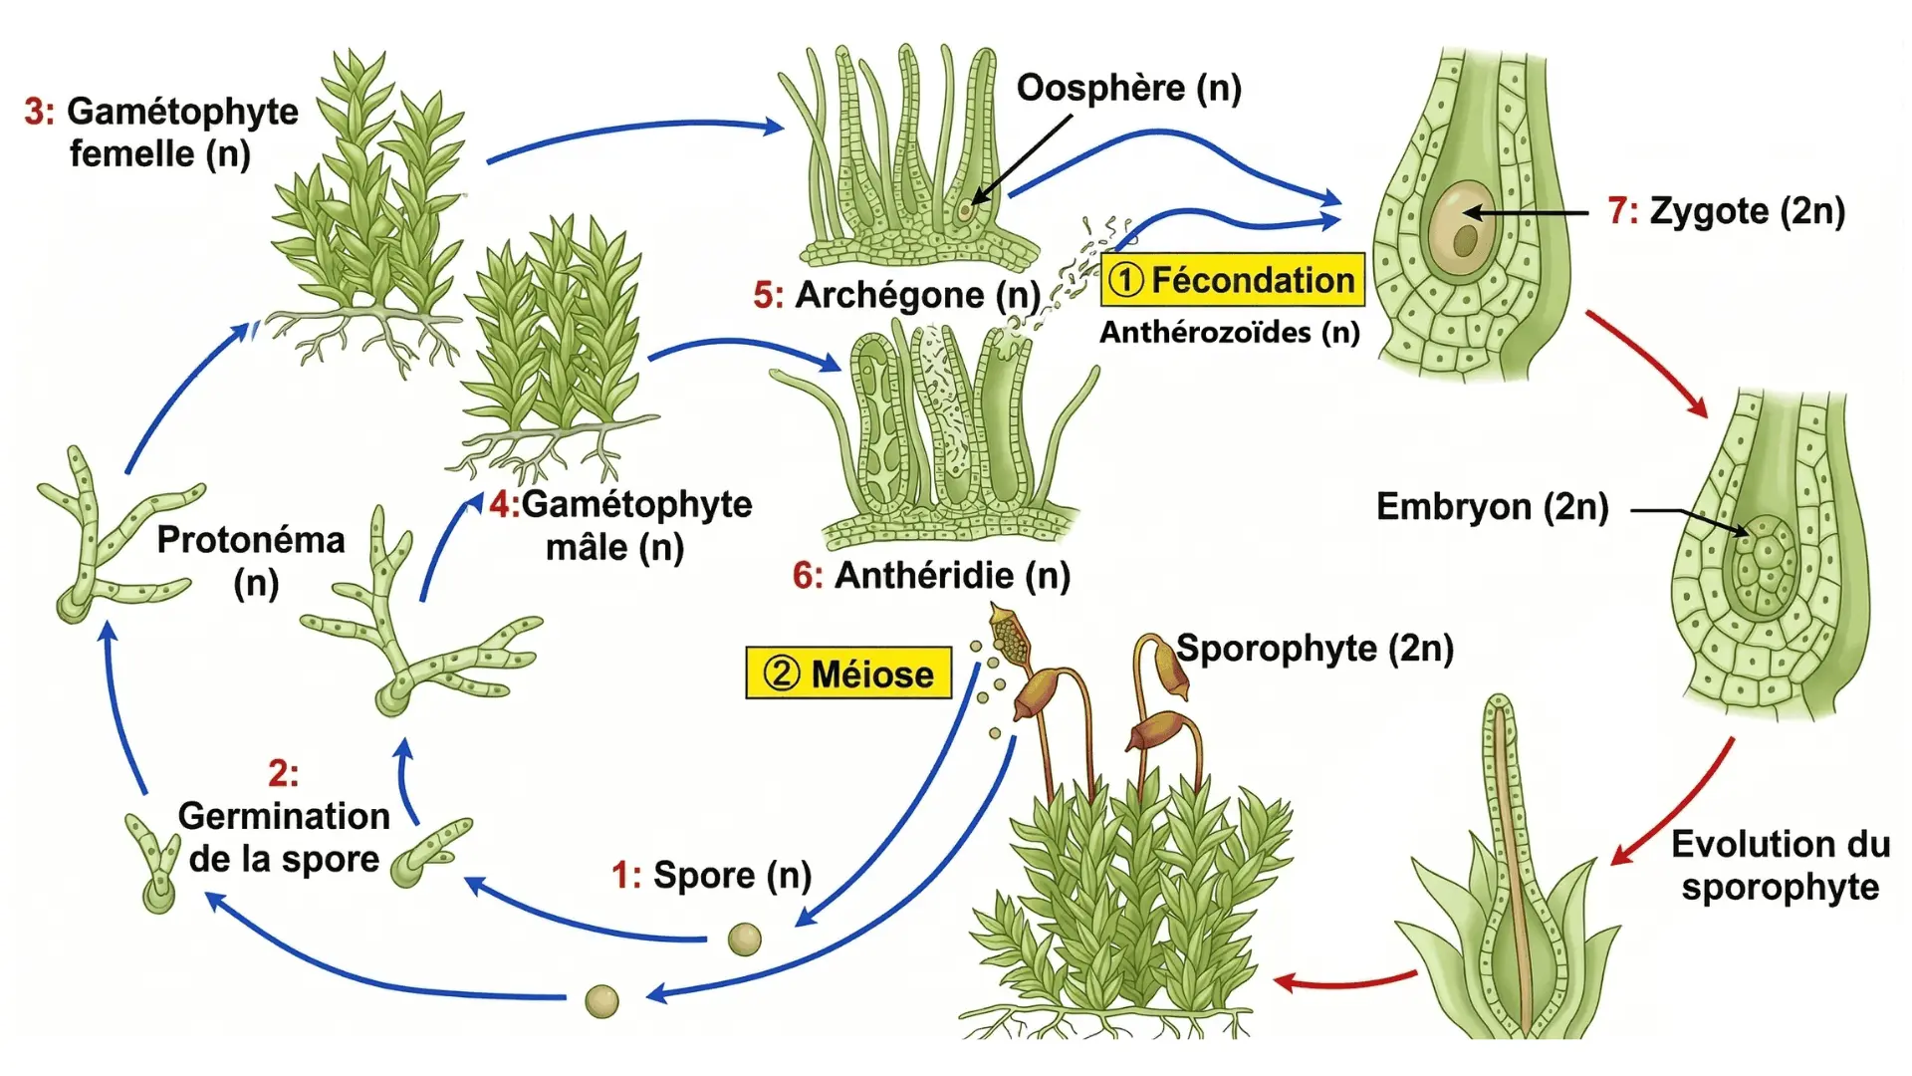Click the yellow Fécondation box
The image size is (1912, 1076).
[1232, 280]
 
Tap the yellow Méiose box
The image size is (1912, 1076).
[848, 673]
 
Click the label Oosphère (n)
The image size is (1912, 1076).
[1128, 88]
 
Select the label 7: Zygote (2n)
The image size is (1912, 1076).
[1726, 211]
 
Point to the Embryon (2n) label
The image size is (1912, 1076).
[1492, 507]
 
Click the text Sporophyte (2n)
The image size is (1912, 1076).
[1314, 649]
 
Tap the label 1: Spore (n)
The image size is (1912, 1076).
[711, 875]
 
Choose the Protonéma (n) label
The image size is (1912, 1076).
[251, 560]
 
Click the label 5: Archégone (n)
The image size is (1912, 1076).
[896, 295]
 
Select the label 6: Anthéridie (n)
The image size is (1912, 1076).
[931, 575]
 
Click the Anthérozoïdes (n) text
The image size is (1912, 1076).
[1229, 332]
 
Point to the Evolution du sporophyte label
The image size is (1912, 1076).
[1780, 865]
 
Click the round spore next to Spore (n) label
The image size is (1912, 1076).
[744, 939]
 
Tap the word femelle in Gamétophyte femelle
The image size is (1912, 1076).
[131, 154]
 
